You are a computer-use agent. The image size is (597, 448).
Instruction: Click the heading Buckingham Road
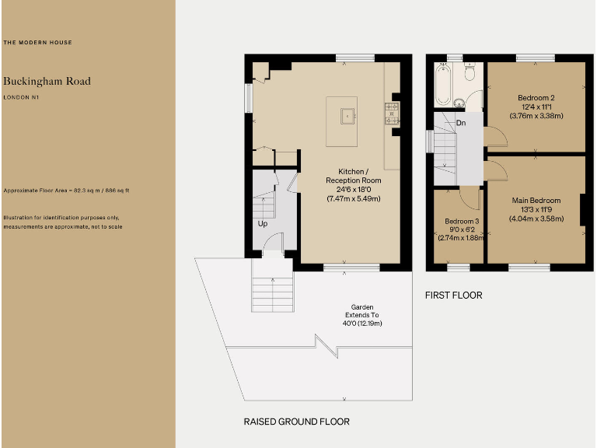pyautogui.click(x=47, y=81)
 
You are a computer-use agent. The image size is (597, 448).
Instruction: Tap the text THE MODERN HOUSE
pyautogui.click(x=38, y=42)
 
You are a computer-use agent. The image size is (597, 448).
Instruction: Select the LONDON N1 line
pyautogui.click(x=21, y=97)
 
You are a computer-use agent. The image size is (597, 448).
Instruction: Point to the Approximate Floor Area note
pyautogui.click(x=66, y=190)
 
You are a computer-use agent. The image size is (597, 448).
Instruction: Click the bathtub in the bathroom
pyautogui.click(x=442, y=86)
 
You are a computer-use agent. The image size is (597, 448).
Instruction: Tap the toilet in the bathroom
pyautogui.click(x=469, y=72)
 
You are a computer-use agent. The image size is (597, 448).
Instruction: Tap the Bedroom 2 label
pyautogui.click(x=536, y=97)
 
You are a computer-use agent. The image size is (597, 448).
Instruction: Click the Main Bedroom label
pyautogui.click(x=536, y=201)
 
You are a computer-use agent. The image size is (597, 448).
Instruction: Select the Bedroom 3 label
pyautogui.click(x=462, y=221)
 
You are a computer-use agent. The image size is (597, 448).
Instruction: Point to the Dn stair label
pyautogui.click(x=461, y=123)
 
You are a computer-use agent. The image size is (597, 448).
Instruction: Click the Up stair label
pyautogui.click(x=264, y=223)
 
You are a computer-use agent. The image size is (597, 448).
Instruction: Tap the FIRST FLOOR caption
pyautogui.click(x=453, y=296)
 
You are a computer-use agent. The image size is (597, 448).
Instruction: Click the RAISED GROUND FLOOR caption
pyautogui.click(x=296, y=422)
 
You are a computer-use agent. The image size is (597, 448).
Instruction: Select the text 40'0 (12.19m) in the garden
pyautogui.click(x=361, y=324)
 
